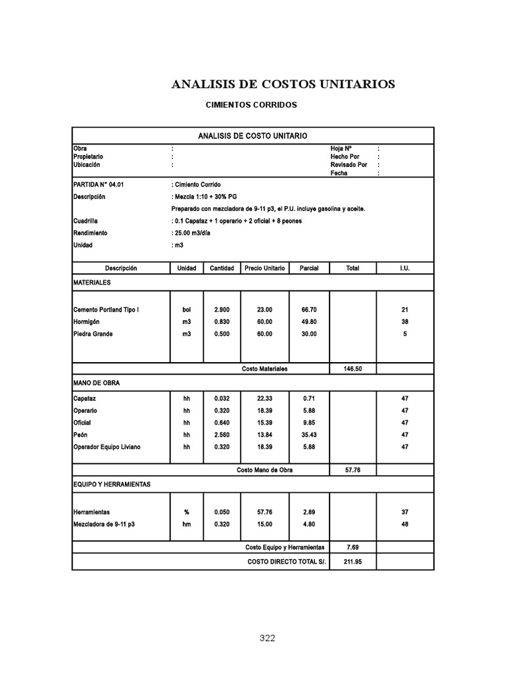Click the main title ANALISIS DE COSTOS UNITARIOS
pos(283,84)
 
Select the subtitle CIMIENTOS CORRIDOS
pos(251,105)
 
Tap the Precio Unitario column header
pos(265,269)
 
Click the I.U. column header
pos(404,269)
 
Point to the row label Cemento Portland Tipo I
pos(106,310)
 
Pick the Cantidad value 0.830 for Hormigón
pos(222,322)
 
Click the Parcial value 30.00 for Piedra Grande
pos(309,335)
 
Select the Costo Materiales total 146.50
pos(353,369)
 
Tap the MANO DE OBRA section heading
pos(97,383)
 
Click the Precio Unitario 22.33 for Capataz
pos(264,399)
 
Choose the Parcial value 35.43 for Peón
pos(309,435)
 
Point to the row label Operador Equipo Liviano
pos(107,448)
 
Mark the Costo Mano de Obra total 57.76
pos(353,471)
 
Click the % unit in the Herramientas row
pos(187,511)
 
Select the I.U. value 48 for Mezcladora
pos(404,524)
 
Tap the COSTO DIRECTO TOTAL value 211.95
pos(353,563)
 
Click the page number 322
pos(267,638)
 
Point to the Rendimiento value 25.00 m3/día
pos(195,233)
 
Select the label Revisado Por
pos(349,166)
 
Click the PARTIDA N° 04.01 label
pos(98,185)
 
